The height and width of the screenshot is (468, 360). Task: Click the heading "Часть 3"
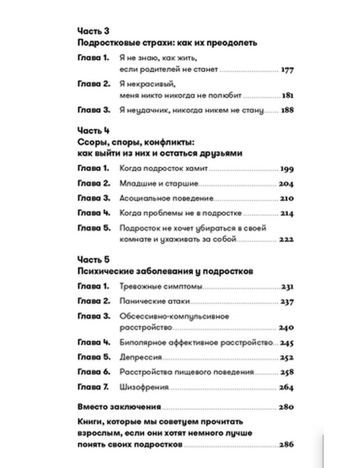coord(93,31)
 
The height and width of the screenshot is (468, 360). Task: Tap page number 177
coord(287,70)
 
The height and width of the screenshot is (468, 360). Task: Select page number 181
coord(288,96)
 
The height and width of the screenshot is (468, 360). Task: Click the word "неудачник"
coord(148,111)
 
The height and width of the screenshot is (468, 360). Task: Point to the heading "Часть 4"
coord(93,130)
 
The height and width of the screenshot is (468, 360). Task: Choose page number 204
coord(286,184)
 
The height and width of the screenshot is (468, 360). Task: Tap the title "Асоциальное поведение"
coord(166,198)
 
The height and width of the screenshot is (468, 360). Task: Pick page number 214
coord(287,213)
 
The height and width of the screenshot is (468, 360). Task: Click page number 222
coord(286,239)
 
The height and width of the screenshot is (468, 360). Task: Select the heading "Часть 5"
coord(93,260)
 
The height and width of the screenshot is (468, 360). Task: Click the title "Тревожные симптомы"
coord(161,287)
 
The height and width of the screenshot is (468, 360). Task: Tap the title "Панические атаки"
coord(155,301)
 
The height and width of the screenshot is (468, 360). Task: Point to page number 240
coord(286,328)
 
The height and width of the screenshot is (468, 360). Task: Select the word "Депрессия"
coord(141,357)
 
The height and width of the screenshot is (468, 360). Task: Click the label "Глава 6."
coord(94,372)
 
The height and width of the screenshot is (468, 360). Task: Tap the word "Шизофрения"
coord(144,387)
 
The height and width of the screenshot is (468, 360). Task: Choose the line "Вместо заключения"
coord(119,407)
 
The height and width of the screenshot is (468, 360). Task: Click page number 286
coord(286,445)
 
